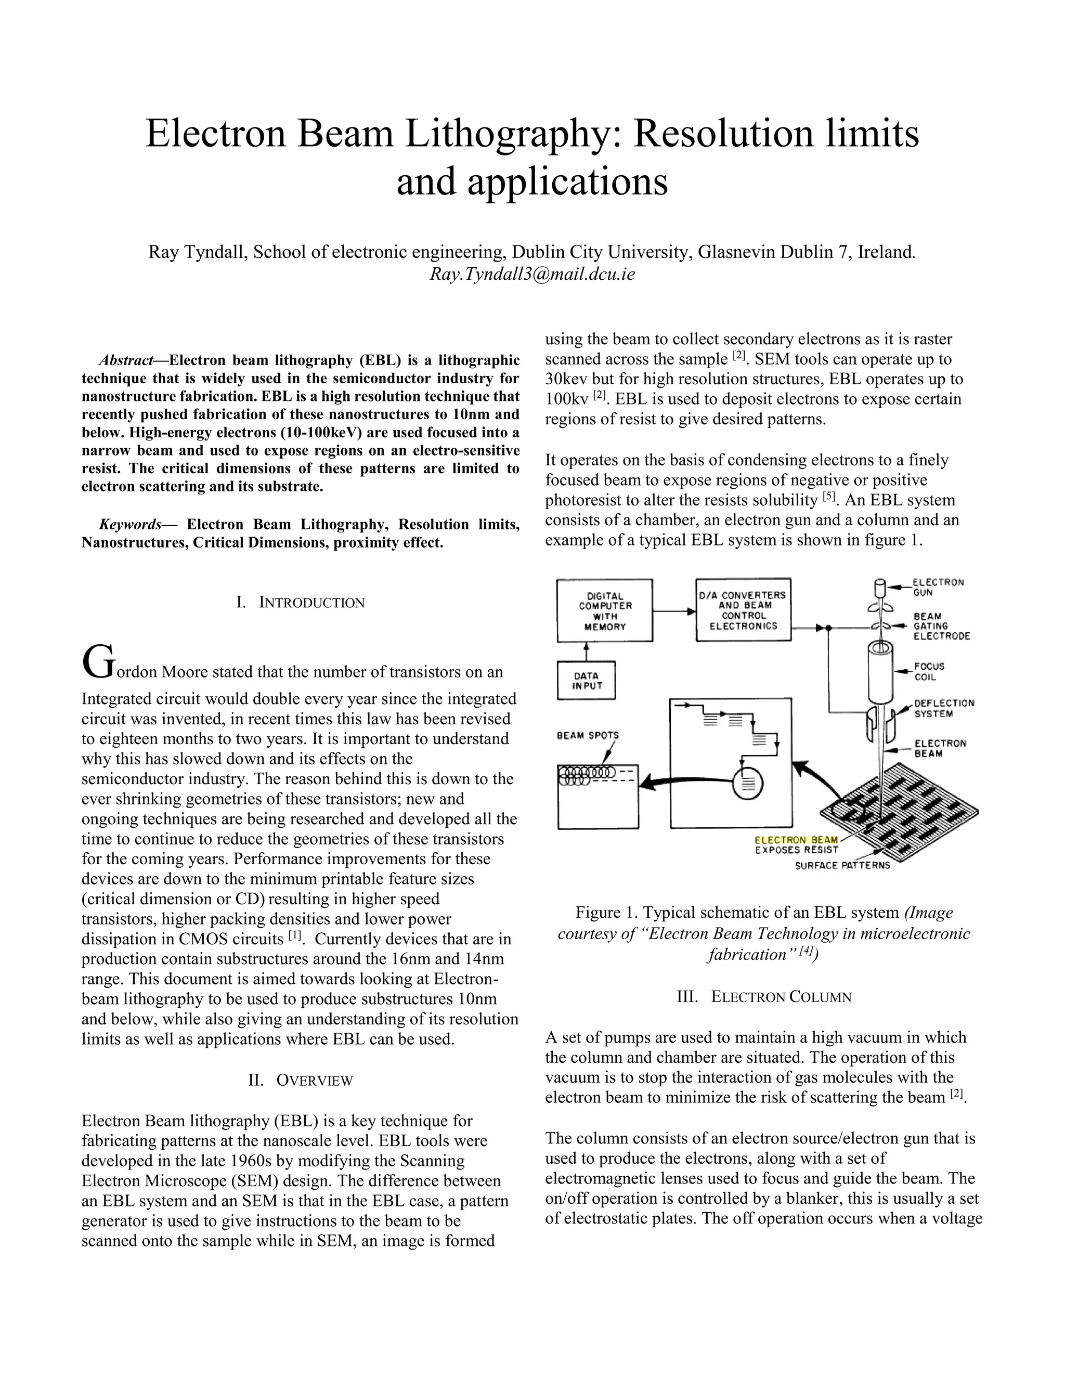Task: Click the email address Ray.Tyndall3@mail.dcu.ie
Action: point(532,275)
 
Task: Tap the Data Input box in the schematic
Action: point(586,680)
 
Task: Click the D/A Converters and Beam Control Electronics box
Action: point(743,610)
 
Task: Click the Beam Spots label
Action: point(588,735)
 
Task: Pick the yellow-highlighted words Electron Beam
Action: point(796,840)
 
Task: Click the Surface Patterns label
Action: point(842,865)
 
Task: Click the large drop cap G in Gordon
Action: point(97,662)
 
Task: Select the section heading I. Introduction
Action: point(301,603)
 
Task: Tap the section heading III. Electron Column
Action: point(764,997)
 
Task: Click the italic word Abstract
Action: point(125,360)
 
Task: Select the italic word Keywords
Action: point(130,524)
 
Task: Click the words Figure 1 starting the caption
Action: point(606,913)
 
